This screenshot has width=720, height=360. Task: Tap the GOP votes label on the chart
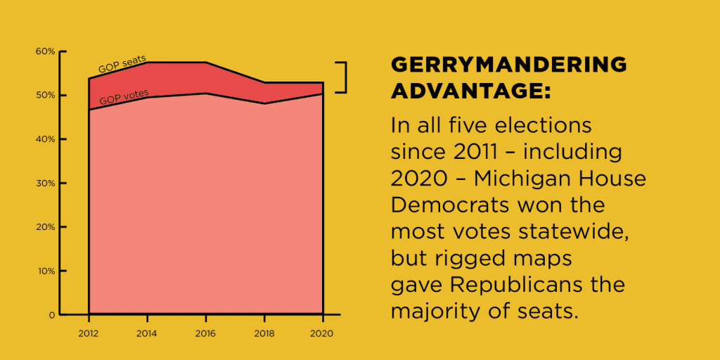coord(124,97)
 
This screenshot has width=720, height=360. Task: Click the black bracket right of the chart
coord(344,77)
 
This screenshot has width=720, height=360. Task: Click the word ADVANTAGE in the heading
coord(468,91)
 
